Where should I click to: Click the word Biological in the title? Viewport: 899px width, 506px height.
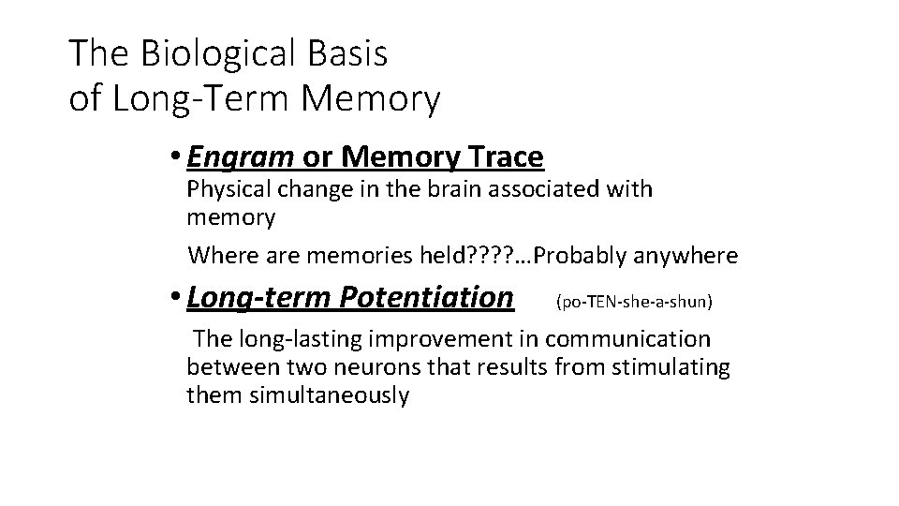pos(221,54)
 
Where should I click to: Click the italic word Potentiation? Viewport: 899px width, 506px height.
pos(427,298)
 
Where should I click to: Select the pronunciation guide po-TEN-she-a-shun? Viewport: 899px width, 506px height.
pos(634,302)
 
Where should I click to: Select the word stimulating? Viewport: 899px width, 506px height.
pos(671,366)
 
